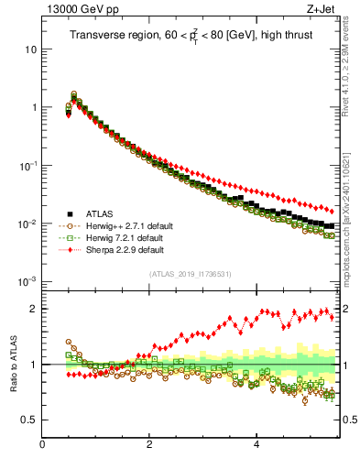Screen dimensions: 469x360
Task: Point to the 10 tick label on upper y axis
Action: coord(31,49)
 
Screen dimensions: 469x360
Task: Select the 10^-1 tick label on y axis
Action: coord(28,165)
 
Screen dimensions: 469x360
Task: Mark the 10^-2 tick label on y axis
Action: coord(28,224)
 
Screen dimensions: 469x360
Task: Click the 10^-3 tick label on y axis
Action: coord(28,281)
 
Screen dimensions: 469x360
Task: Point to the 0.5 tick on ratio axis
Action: coord(30,420)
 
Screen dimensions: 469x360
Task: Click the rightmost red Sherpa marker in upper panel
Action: coord(331,211)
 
